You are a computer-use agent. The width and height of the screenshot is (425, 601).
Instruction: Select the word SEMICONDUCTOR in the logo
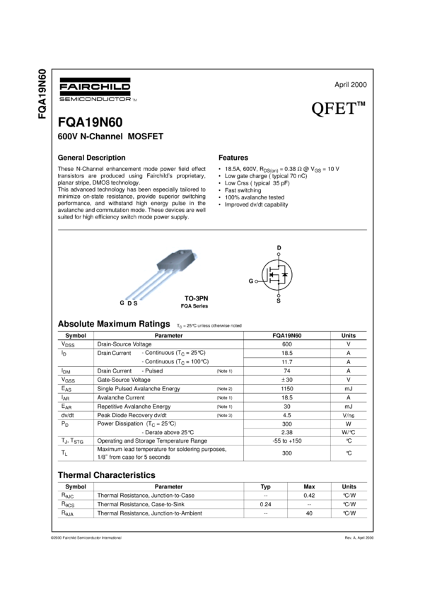click(94, 98)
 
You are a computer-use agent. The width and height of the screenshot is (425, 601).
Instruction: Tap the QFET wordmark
click(332, 110)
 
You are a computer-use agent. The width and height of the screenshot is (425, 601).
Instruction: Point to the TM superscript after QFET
click(361, 105)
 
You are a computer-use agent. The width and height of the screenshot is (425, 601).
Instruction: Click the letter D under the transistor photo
click(129, 303)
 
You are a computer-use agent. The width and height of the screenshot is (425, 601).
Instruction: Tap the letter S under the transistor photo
click(135, 303)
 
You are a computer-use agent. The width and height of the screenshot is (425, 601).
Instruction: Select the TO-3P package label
click(194, 298)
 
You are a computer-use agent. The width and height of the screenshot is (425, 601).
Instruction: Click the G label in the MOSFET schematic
click(250, 281)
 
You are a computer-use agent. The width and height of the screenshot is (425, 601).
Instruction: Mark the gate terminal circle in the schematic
click(257, 281)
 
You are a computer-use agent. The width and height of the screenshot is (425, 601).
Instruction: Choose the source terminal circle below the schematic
click(279, 296)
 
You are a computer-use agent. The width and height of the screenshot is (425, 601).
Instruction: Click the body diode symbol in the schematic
click(285, 274)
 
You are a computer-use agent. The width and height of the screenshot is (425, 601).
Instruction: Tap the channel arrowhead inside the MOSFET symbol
click(272, 274)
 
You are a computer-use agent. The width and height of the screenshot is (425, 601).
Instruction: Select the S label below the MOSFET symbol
click(279, 300)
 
